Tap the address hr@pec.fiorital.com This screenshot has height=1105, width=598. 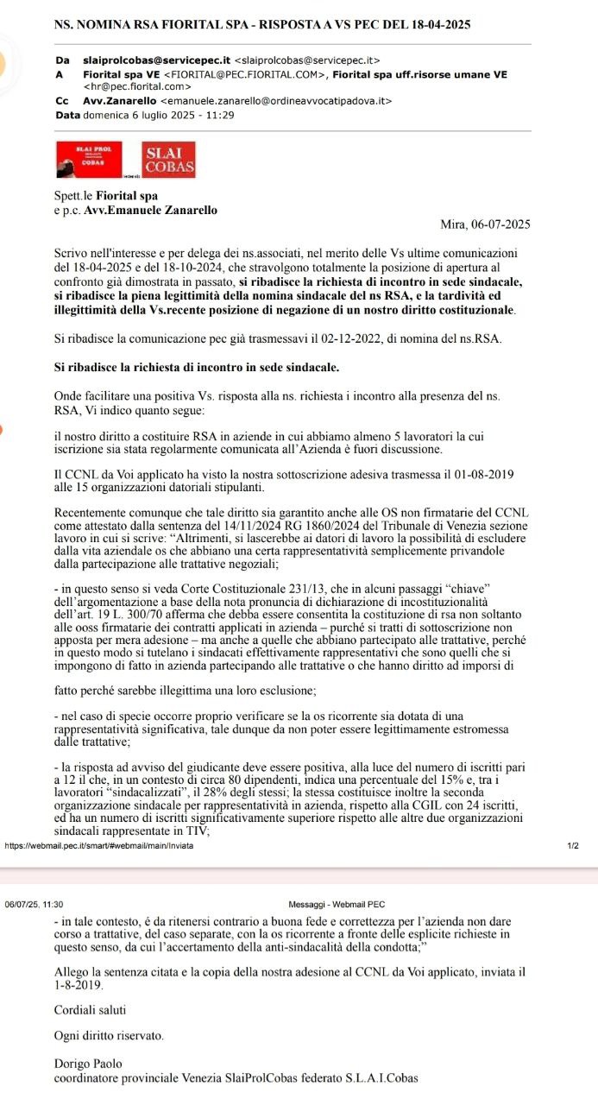(x=136, y=86)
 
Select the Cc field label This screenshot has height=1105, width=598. (x=61, y=101)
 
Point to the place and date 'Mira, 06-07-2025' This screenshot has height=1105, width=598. (x=484, y=224)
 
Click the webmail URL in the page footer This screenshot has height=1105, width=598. (x=99, y=844)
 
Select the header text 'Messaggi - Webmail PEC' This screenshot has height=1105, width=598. (x=337, y=881)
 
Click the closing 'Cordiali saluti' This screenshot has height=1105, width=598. (x=90, y=1009)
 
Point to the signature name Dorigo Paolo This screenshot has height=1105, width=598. (x=88, y=1064)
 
